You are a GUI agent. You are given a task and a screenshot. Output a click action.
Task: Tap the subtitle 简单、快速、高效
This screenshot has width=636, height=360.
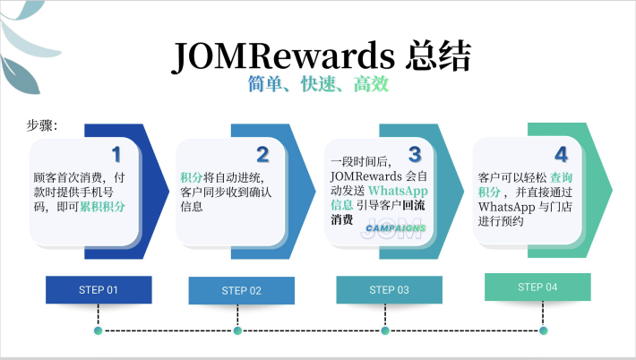tap(318, 86)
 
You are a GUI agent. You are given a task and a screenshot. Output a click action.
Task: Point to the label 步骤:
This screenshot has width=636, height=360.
tap(41, 126)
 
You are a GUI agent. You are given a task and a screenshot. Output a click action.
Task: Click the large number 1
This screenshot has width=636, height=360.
tap(116, 155)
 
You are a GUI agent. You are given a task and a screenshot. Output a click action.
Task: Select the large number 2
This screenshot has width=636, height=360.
tap(262, 155)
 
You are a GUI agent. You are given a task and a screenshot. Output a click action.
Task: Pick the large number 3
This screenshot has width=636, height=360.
tap(414, 155)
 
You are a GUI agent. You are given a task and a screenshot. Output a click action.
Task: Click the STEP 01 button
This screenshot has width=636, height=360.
tap(99, 289)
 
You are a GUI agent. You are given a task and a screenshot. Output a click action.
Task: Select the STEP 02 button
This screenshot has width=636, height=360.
tap(241, 290)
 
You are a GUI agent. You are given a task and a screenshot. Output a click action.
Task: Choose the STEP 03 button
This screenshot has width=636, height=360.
tap(389, 289)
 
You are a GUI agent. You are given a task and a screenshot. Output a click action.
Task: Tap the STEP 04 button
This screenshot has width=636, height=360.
tap(537, 287)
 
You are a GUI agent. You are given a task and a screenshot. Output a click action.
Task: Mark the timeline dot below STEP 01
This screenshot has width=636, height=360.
tap(98, 330)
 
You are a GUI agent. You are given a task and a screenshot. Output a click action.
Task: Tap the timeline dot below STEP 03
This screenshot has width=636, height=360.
tap(384, 330)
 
